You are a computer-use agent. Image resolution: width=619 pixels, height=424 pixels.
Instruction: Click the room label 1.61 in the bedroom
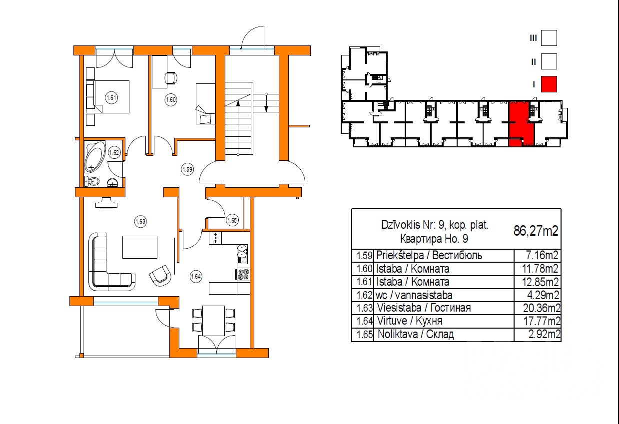[x=111, y=97]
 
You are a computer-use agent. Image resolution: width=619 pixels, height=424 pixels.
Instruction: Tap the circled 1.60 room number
[x=171, y=99]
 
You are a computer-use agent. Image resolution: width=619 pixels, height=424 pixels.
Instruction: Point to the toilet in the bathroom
[x=92, y=181]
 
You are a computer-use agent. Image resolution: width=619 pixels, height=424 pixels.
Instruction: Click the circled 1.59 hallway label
[x=187, y=169]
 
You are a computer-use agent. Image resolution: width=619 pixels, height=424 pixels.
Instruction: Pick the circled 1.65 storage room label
[x=232, y=220]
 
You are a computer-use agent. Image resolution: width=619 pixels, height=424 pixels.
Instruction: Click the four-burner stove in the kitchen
[x=243, y=275]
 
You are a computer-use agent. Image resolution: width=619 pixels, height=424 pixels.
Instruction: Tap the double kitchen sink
[x=242, y=254]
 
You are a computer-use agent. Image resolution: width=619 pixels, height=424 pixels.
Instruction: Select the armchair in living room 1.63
[x=160, y=275]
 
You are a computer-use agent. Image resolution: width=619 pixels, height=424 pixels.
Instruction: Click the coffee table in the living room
[x=140, y=247]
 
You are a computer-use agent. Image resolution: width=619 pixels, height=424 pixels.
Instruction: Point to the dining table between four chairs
[x=213, y=321]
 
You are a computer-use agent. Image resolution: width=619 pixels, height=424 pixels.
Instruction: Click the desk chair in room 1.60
[x=171, y=77]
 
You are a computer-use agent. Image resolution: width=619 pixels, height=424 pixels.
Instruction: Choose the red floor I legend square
[x=549, y=84]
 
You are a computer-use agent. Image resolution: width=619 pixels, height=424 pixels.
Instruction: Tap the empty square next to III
[x=549, y=38]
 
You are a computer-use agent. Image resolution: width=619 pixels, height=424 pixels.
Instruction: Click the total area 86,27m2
[x=536, y=231]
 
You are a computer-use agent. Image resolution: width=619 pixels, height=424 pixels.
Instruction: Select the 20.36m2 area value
[x=542, y=308]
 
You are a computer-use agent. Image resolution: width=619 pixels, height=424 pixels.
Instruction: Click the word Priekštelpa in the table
[x=400, y=255]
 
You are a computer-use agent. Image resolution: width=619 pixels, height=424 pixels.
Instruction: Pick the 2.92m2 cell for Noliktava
[x=545, y=334]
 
